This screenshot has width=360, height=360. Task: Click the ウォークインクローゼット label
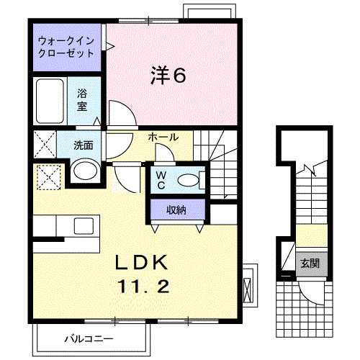click(x=66, y=47)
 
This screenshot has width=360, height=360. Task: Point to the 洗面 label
click(x=83, y=144)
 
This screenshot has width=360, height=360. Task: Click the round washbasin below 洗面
click(x=86, y=171)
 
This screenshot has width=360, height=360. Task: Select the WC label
click(x=161, y=178)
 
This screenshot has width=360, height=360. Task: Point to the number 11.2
click(x=143, y=287)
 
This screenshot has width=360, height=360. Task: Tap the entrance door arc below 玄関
click(x=311, y=291)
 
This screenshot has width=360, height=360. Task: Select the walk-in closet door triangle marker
click(x=111, y=47)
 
